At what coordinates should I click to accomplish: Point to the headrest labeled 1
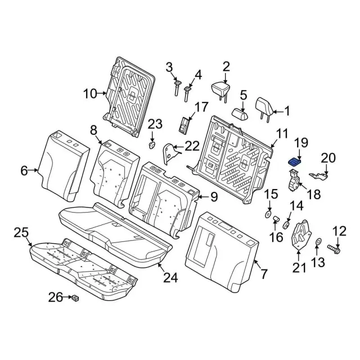point(263,106)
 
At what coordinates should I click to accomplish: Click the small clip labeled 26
point(74,297)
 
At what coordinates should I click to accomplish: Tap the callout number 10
point(91,94)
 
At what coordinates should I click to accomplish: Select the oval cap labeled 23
point(152,145)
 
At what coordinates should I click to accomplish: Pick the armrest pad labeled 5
point(241,112)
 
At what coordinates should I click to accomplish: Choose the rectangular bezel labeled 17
point(184,125)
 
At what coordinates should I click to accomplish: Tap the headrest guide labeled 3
point(176,87)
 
